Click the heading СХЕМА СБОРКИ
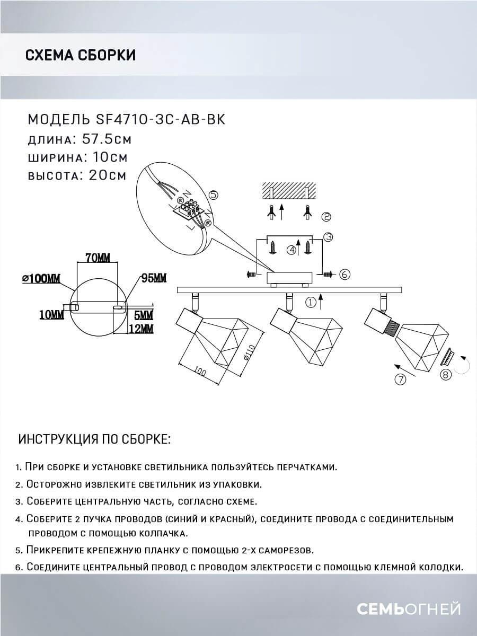[80, 55]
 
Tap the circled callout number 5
[213, 194]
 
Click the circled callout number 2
[326, 216]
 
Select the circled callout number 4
[290, 250]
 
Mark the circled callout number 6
[343, 274]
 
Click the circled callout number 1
[311, 303]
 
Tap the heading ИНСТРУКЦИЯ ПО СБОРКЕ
[95, 439]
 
